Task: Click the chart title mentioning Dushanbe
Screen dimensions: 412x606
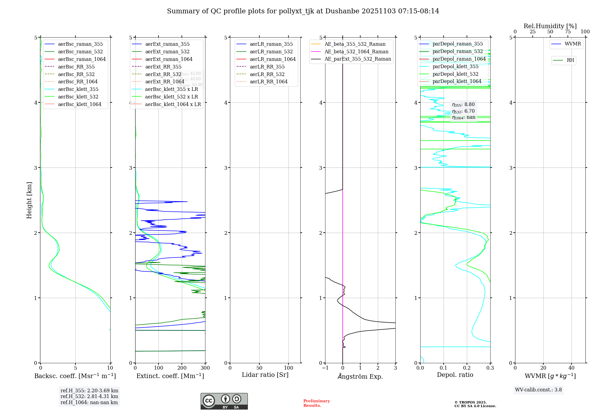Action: [303, 11]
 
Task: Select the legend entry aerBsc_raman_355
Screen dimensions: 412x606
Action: [80, 44]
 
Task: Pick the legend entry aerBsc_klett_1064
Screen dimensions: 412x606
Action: [79, 105]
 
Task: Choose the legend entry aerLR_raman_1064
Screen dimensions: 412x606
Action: [272, 59]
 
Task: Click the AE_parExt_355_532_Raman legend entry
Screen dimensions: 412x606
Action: [358, 59]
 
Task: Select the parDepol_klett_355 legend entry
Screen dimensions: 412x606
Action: [455, 67]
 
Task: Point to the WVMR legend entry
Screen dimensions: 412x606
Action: [572, 44]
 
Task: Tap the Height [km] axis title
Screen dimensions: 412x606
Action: [29, 200]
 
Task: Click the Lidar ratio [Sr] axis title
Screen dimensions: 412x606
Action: [265, 375]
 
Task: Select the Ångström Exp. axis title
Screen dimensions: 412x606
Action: [360, 377]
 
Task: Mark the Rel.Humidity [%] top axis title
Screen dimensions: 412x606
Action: [550, 26]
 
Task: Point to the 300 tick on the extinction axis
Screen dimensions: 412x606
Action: [205, 368]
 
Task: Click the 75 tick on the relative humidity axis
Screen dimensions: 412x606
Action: [568, 32]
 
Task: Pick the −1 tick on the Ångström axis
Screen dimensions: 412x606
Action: [325, 368]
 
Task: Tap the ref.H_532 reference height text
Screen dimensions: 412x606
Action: [89, 397]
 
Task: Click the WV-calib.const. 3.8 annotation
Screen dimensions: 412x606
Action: [538, 390]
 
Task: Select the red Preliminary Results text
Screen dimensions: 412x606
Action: [316, 403]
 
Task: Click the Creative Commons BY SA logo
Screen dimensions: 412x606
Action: [224, 401]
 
